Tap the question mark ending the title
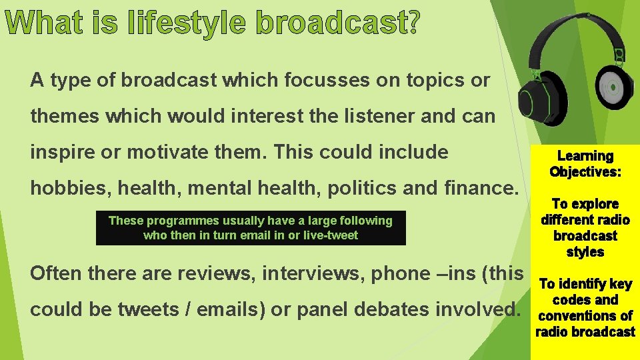[x=411, y=24]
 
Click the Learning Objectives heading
[x=585, y=164]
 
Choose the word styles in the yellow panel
[x=585, y=252]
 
